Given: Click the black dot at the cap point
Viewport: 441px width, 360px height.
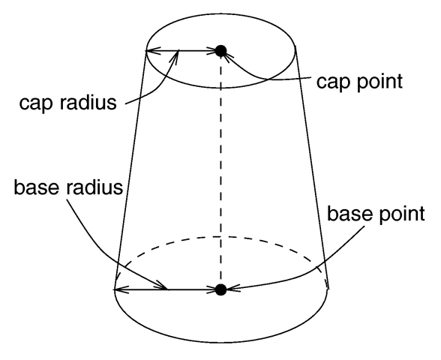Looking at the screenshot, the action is point(220,51).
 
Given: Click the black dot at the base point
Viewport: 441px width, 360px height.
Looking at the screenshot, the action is point(220,289).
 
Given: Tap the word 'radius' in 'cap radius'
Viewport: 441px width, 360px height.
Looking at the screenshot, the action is point(88,102).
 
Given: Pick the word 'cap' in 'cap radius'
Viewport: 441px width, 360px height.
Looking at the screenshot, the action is point(35,104).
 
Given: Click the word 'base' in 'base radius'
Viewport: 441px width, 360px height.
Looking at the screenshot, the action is point(36,187).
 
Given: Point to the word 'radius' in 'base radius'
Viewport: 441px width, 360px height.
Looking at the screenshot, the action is point(94,187).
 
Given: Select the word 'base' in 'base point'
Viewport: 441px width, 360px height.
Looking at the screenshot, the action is point(349,214).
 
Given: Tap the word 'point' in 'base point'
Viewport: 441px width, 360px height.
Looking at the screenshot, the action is point(402,214).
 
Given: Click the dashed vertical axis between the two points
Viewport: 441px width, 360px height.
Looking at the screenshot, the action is point(220,170).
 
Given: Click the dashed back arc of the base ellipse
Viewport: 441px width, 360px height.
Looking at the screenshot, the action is point(222,237).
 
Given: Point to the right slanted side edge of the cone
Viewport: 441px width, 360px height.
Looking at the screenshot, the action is point(312,169).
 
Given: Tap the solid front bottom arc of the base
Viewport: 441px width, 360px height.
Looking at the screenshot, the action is point(221,342).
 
